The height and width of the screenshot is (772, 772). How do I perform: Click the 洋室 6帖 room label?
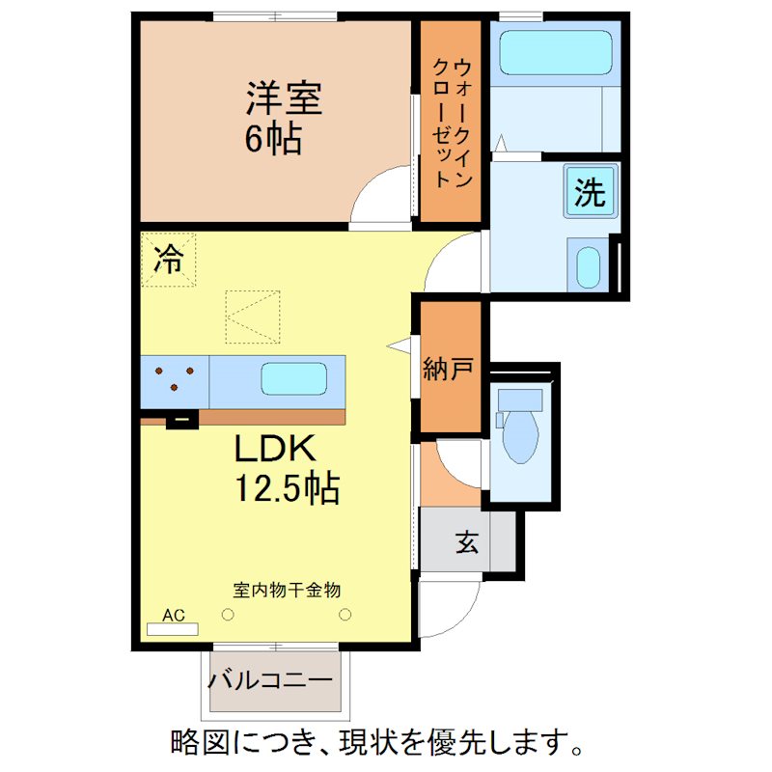coord(282,118)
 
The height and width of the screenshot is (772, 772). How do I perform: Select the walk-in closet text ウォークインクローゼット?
coord(451,122)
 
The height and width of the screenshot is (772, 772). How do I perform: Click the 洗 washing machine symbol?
coord(590,193)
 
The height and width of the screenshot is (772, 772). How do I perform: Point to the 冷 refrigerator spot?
coord(169,260)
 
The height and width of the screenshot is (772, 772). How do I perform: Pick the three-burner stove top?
coord(175,378)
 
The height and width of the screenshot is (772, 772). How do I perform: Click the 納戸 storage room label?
coord(448,369)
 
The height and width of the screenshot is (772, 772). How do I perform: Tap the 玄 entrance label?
coord(467,543)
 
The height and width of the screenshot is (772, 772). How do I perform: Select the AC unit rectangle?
coord(172,629)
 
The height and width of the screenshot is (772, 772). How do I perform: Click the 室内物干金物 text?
coord(288,589)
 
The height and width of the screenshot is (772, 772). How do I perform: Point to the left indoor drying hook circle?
coord(228,613)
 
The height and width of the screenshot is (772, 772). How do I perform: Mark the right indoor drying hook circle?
coord(345,613)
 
